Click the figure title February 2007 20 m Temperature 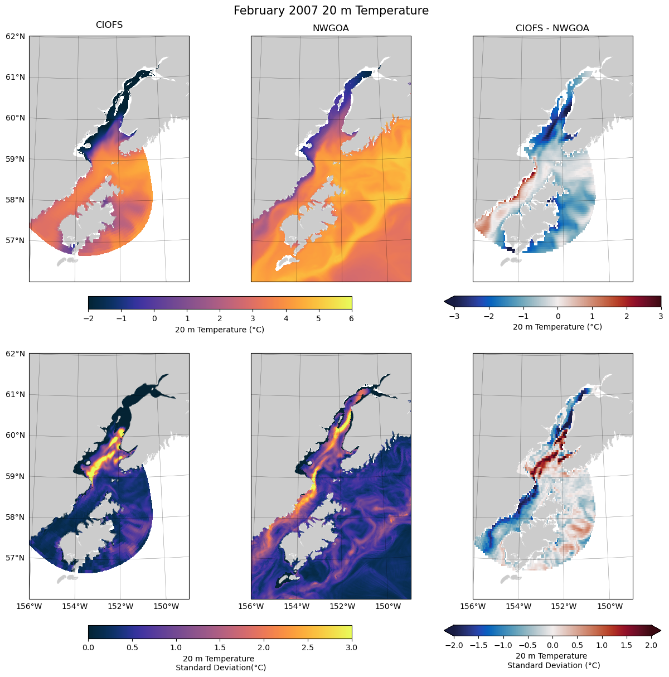(x=331, y=11)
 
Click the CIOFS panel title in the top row (x=109, y=25)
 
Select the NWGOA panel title (x=331, y=28)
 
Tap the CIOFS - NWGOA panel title (x=552, y=28)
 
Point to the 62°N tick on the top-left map (x=16, y=36)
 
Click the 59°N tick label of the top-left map (x=16, y=159)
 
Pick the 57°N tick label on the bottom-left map (x=16, y=558)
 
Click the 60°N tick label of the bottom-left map (x=16, y=436)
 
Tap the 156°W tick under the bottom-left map (x=30, y=606)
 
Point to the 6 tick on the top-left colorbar (x=352, y=319)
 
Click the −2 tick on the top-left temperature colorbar (x=88, y=319)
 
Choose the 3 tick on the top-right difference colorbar (x=661, y=316)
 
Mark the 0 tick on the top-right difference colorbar (x=558, y=316)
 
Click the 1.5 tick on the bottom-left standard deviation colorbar (x=220, y=647)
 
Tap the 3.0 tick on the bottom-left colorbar (x=352, y=647)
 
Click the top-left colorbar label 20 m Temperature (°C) (x=220, y=330)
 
